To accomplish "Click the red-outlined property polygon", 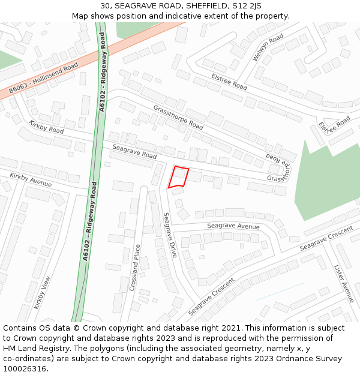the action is (178, 178).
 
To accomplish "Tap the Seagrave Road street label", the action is (134, 152).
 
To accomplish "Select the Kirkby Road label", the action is (46, 127).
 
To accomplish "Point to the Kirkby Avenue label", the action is (31, 179).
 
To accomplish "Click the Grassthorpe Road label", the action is (178, 118).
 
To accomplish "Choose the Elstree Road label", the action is (229, 82).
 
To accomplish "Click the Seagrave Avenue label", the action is (233, 226).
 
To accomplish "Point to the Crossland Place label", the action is (135, 267).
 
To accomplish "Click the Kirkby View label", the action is (43, 292).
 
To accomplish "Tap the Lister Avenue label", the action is (344, 283).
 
